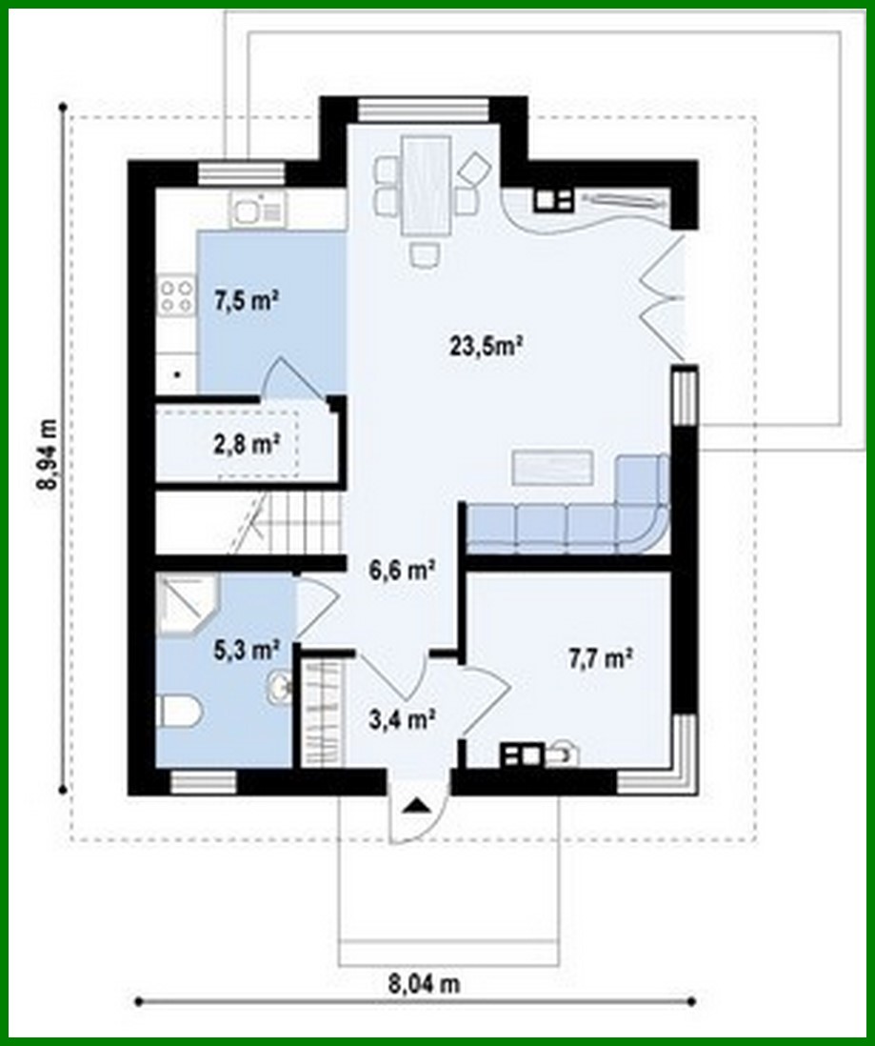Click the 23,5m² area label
pyautogui.click(x=488, y=345)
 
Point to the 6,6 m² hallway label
pyautogui.click(x=402, y=570)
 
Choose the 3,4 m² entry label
pyautogui.click(x=402, y=719)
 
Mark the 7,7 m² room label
pyautogui.click(x=600, y=657)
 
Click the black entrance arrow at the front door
pyautogui.click(x=416, y=807)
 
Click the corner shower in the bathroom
pyautogui.click(x=186, y=602)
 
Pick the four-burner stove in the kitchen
pyautogui.click(x=175, y=293)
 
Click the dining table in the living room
pyautogui.click(x=426, y=185)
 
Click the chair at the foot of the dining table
pyautogui.click(x=425, y=252)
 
